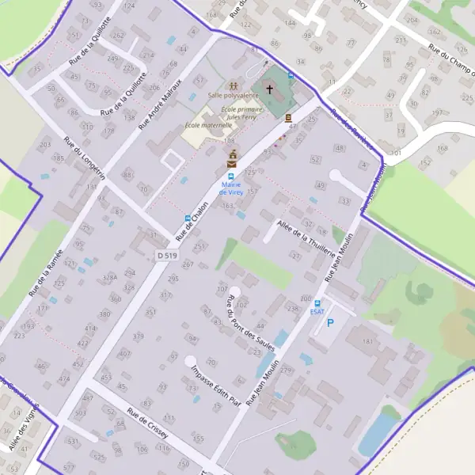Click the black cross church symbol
(x=268, y=89)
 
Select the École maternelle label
(x=207, y=125)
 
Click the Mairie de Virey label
(x=230, y=188)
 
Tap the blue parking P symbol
(x=331, y=322)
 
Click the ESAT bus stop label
(x=317, y=312)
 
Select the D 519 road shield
(x=166, y=255)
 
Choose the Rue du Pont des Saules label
(x=250, y=322)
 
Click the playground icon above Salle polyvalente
(x=233, y=85)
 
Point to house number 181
(x=367, y=341)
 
